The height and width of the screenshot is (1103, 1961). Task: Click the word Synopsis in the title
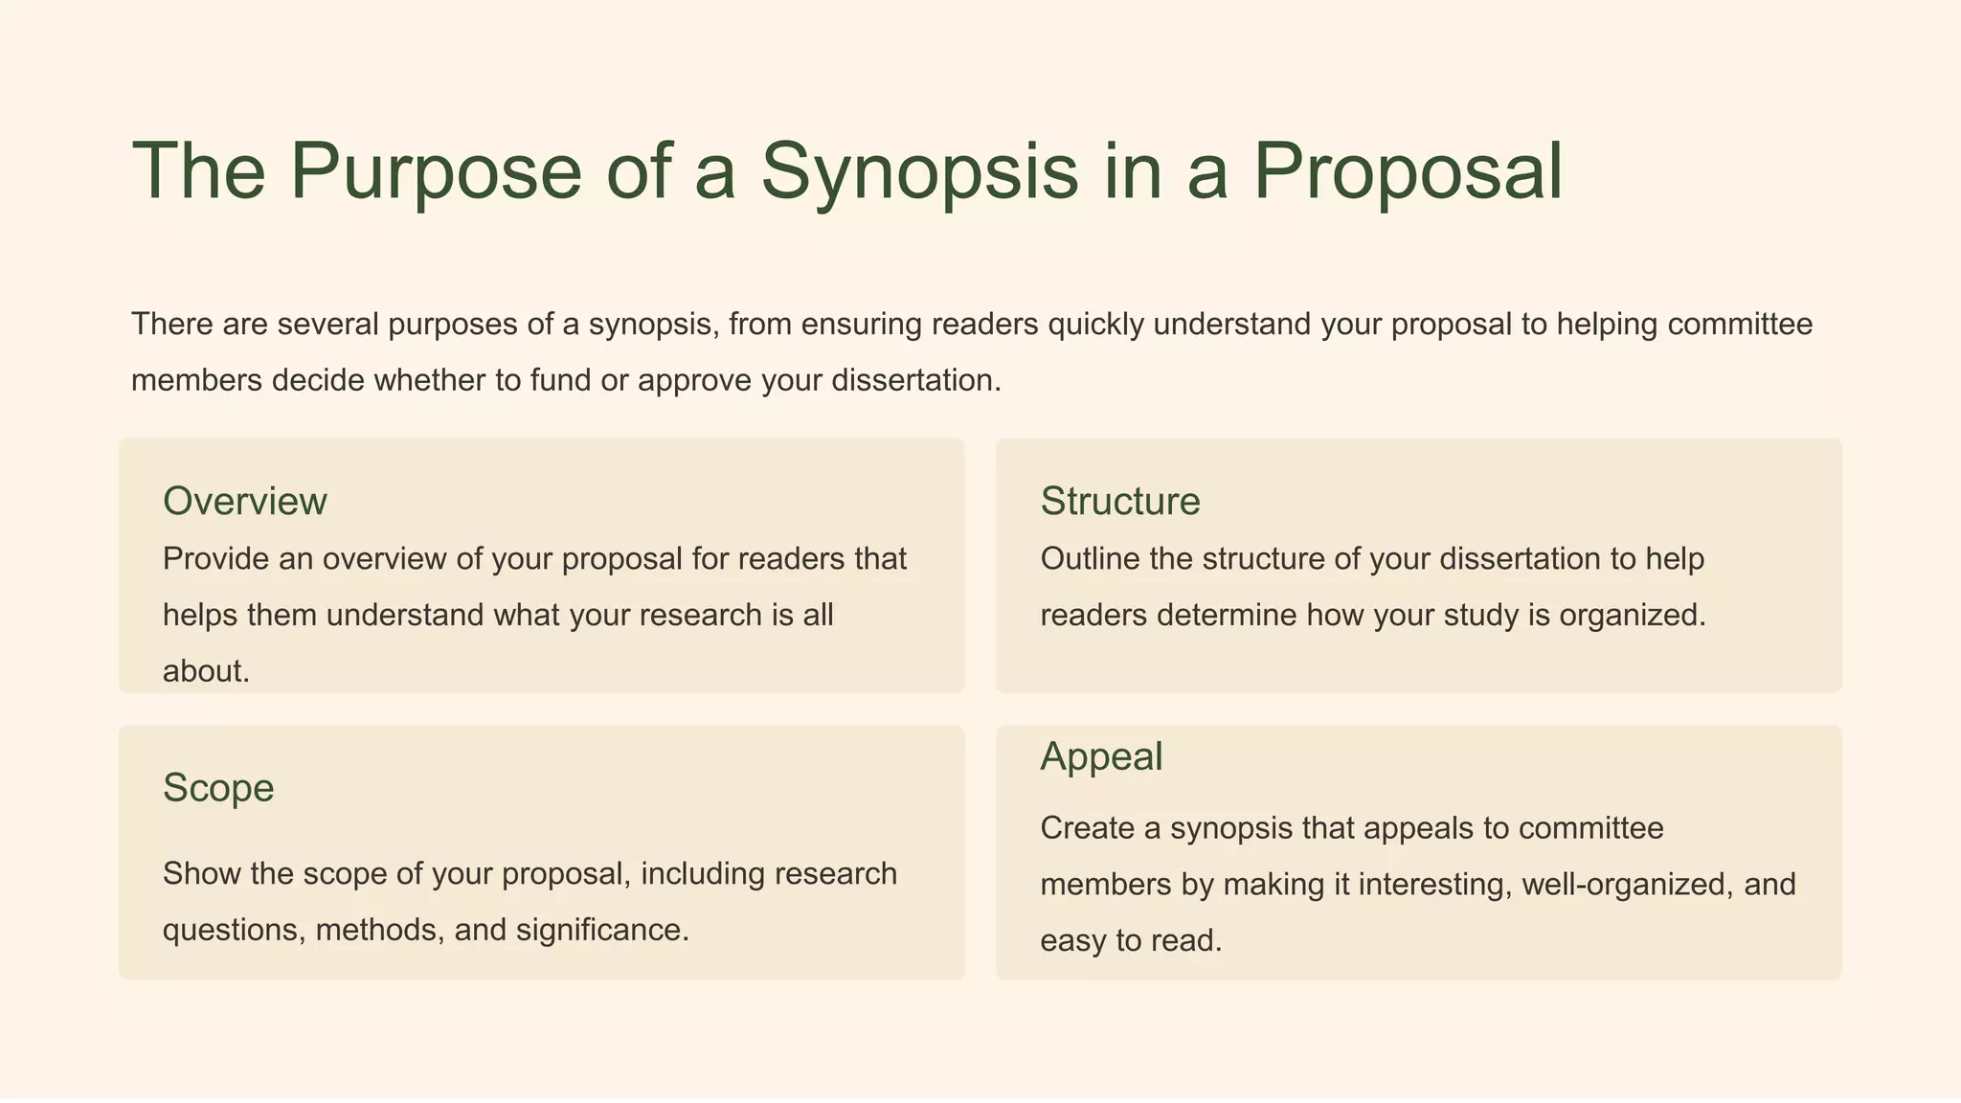point(919,172)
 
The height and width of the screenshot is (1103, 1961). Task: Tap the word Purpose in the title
point(436,172)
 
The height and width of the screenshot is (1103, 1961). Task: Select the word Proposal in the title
point(1408,172)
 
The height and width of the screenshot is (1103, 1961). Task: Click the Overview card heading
point(245,502)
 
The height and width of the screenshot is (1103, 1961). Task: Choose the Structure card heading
point(1120,502)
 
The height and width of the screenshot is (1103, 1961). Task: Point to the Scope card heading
point(218,788)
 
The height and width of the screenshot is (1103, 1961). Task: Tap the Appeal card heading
point(1101,756)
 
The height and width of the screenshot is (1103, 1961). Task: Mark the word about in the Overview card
point(206,671)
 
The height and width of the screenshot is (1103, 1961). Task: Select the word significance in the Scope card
point(602,930)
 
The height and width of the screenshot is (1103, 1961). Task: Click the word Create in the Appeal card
point(1087,828)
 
